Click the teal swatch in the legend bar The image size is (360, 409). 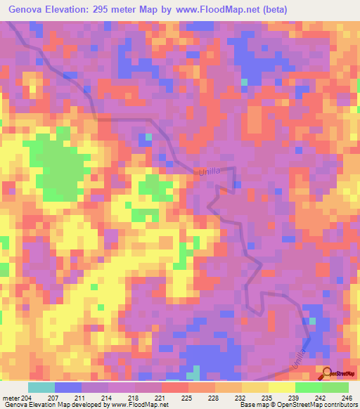click(x=41, y=387)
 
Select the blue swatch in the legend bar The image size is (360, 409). click(x=68, y=387)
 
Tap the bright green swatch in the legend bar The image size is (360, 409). click(x=308, y=387)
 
